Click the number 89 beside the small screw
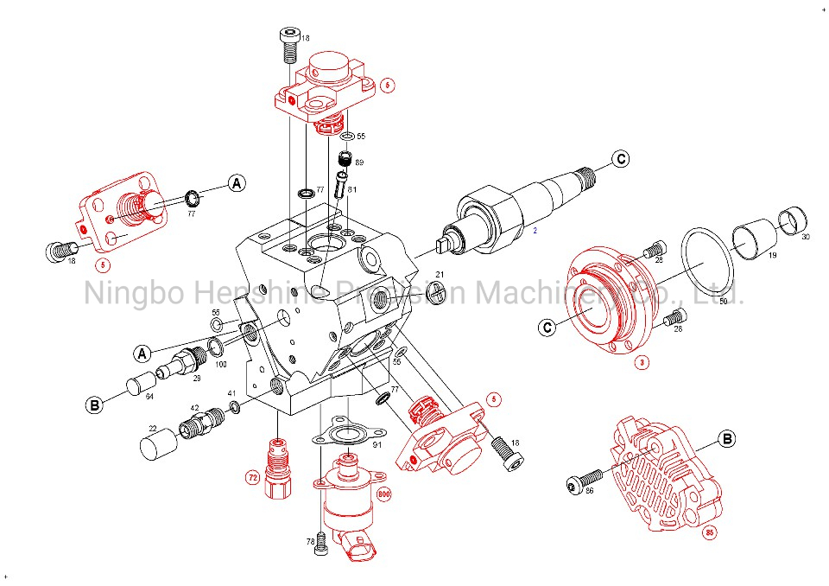tap(359, 163)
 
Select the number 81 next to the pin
tap(353, 190)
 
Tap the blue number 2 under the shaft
tap(535, 231)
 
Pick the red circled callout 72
tap(253, 476)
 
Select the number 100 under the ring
tap(220, 365)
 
